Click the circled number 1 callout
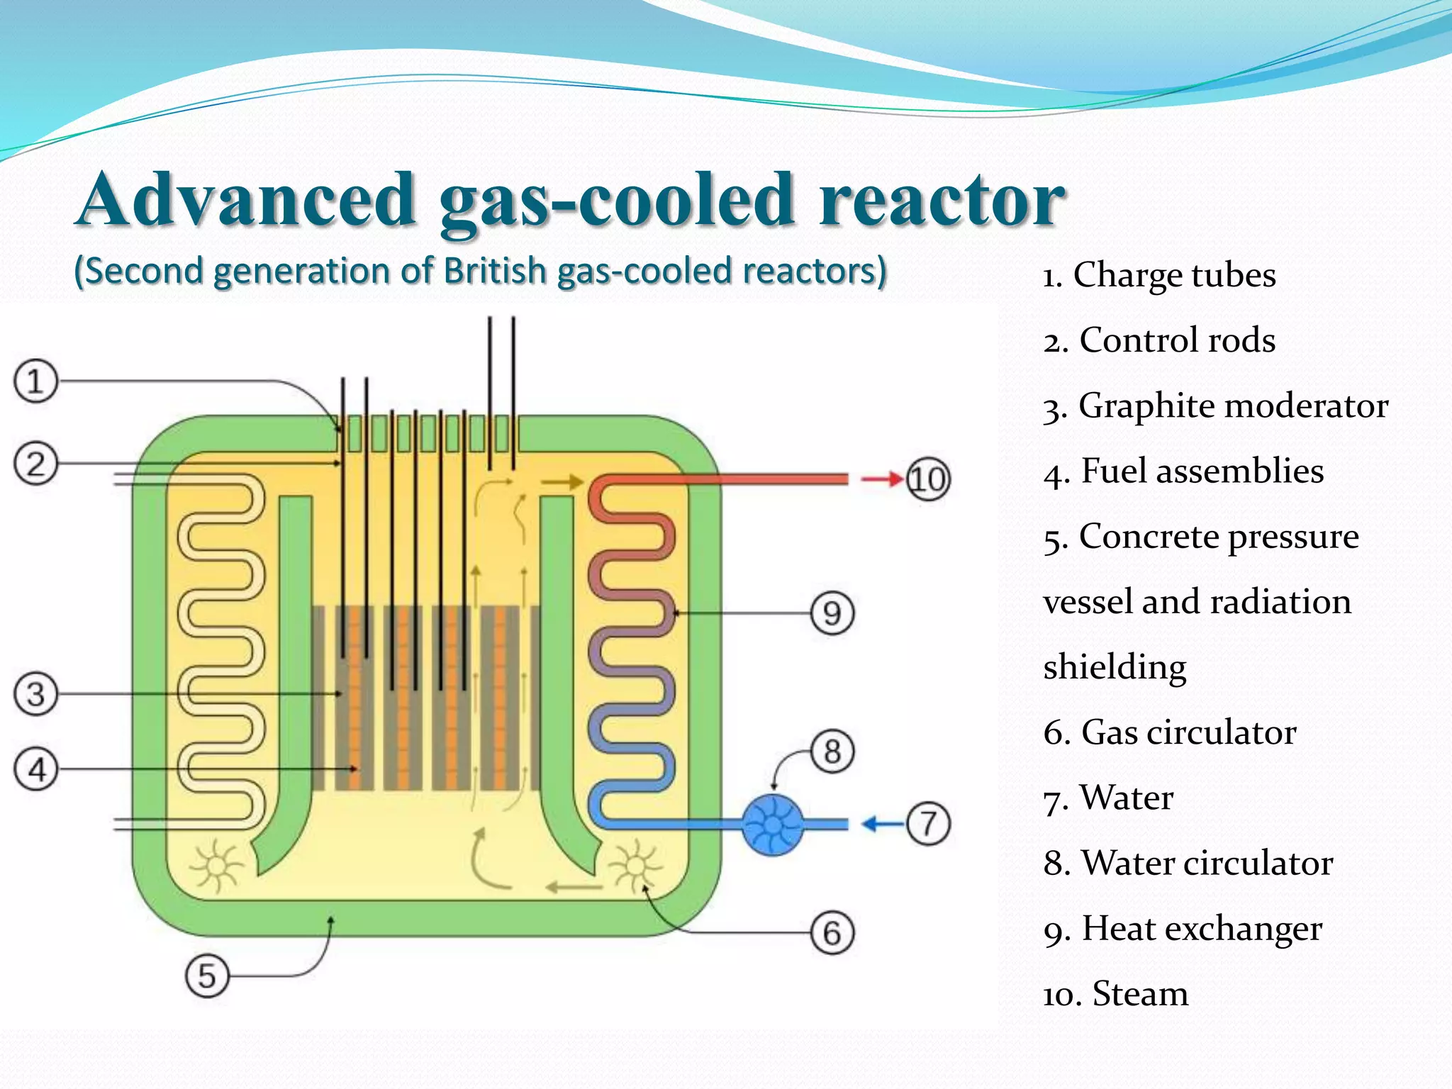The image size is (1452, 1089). coord(35,381)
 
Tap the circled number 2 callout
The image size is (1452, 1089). coord(35,464)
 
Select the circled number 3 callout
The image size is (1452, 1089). coord(35,693)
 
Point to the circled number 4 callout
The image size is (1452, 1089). coord(35,769)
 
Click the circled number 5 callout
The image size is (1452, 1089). coord(206,976)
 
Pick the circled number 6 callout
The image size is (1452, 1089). coord(832,932)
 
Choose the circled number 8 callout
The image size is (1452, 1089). coord(832,751)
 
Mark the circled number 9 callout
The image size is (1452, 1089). coord(832,613)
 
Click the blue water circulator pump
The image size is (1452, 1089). coord(772,825)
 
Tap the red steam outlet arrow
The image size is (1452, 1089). coord(881,479)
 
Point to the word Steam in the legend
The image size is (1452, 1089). coord(1140,993)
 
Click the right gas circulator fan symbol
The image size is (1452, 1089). coord(635,866)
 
